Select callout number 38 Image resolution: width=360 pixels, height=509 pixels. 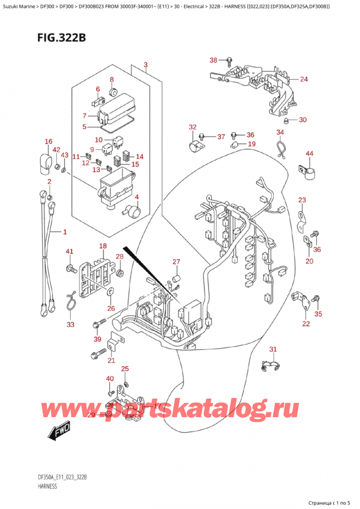coord(213,60)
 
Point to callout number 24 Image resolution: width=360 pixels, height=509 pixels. coord(304,79)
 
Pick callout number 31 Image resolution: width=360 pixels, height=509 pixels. coord(273,349)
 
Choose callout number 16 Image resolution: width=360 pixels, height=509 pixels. coord(48,142)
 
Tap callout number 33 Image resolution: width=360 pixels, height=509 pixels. coord(71,325)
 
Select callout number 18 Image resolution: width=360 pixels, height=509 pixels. coord(103,246)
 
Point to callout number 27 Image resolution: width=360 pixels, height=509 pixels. coord(176,261)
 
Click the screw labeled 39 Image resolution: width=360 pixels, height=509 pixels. coord(98,325)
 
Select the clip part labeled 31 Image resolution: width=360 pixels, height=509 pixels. coord(272,366)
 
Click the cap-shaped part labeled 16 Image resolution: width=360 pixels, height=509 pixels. coord(45,161)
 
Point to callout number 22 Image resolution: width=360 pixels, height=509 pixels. coord(306,324)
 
